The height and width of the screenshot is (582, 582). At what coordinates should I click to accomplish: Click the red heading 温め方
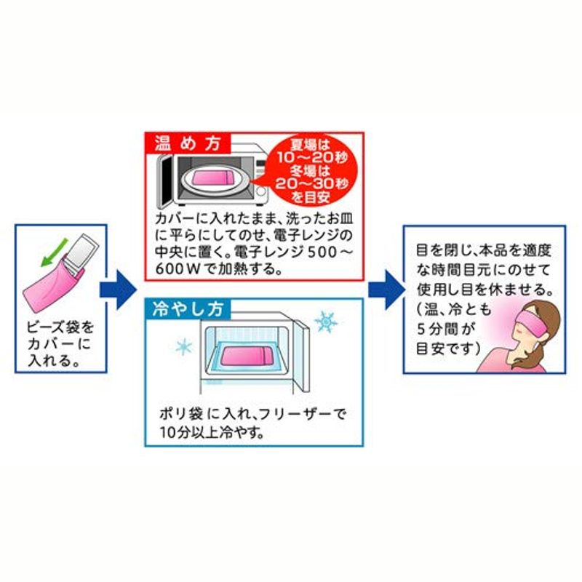[x=188, y=143]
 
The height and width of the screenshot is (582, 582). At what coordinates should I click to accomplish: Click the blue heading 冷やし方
[x=188, y=308]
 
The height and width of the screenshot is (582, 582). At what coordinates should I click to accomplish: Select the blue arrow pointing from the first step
[x=118, y=290]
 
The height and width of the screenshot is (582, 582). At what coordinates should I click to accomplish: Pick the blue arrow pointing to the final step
[x=386, y=290]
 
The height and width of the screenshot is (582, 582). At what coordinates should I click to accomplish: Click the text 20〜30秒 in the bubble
[x=312, y=183]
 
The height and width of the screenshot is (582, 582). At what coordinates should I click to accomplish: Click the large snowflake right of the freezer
[x=325, y=322]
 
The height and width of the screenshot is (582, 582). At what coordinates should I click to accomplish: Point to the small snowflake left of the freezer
[x=184, y=347]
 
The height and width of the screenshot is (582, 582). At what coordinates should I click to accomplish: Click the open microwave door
[x=165, y=181]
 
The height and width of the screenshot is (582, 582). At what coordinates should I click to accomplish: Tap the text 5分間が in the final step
[x=446, y=329]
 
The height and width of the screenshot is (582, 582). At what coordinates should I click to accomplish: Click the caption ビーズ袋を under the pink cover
[x=60, y=327]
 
